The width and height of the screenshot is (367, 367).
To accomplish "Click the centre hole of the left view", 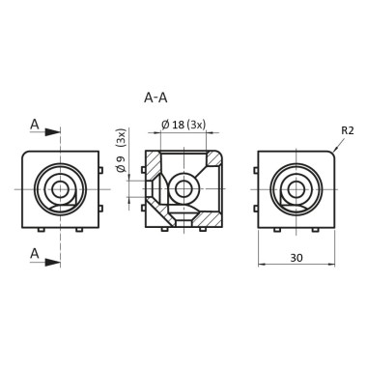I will pyautogui.click(x=61, y=189).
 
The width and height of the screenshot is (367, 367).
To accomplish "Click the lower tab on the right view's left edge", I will pyautogui.click(x=257, y=206).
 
